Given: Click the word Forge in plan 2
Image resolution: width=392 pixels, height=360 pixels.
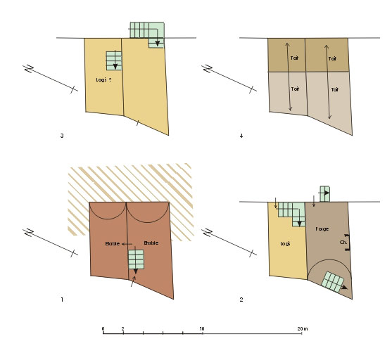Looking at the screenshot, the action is pos(322,229).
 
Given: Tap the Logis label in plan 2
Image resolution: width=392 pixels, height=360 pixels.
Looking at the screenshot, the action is pos(285,243).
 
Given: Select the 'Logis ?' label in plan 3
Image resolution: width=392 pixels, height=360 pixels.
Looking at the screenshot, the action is pos(103,80).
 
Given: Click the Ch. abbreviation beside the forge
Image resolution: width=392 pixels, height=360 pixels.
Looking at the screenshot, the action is pos(343,243).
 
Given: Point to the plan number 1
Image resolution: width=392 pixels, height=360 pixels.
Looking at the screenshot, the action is pos(62,300).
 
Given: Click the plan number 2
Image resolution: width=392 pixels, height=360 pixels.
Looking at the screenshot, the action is pos(241,300).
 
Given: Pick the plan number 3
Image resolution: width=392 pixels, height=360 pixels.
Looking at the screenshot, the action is pos(62,136).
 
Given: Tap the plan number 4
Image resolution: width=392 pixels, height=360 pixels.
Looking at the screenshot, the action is pos(241,136).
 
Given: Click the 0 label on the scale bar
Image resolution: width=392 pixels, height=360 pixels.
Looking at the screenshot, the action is pos(103,329).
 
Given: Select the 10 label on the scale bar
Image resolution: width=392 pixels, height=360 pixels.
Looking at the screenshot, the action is pos(202,329).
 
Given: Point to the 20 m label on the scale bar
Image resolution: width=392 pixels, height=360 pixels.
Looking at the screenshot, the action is pos(303,329).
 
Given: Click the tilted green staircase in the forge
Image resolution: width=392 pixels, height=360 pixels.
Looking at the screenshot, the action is pos(332,282).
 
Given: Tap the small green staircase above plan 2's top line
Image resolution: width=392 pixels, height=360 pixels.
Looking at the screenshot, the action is pos(324,194).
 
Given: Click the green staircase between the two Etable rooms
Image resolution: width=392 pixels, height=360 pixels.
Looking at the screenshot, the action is pos(136,259).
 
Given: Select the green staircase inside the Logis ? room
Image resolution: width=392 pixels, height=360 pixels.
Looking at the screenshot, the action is pos(114,60).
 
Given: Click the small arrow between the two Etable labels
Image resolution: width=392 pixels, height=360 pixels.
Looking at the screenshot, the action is pos(127,244).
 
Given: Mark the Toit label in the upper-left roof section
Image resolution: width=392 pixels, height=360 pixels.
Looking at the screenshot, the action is pos(294,58).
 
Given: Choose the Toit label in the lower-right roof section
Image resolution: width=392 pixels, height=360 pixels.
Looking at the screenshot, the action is pos(335,89).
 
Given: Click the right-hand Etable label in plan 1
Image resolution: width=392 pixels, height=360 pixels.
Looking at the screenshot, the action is pos(151,243).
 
